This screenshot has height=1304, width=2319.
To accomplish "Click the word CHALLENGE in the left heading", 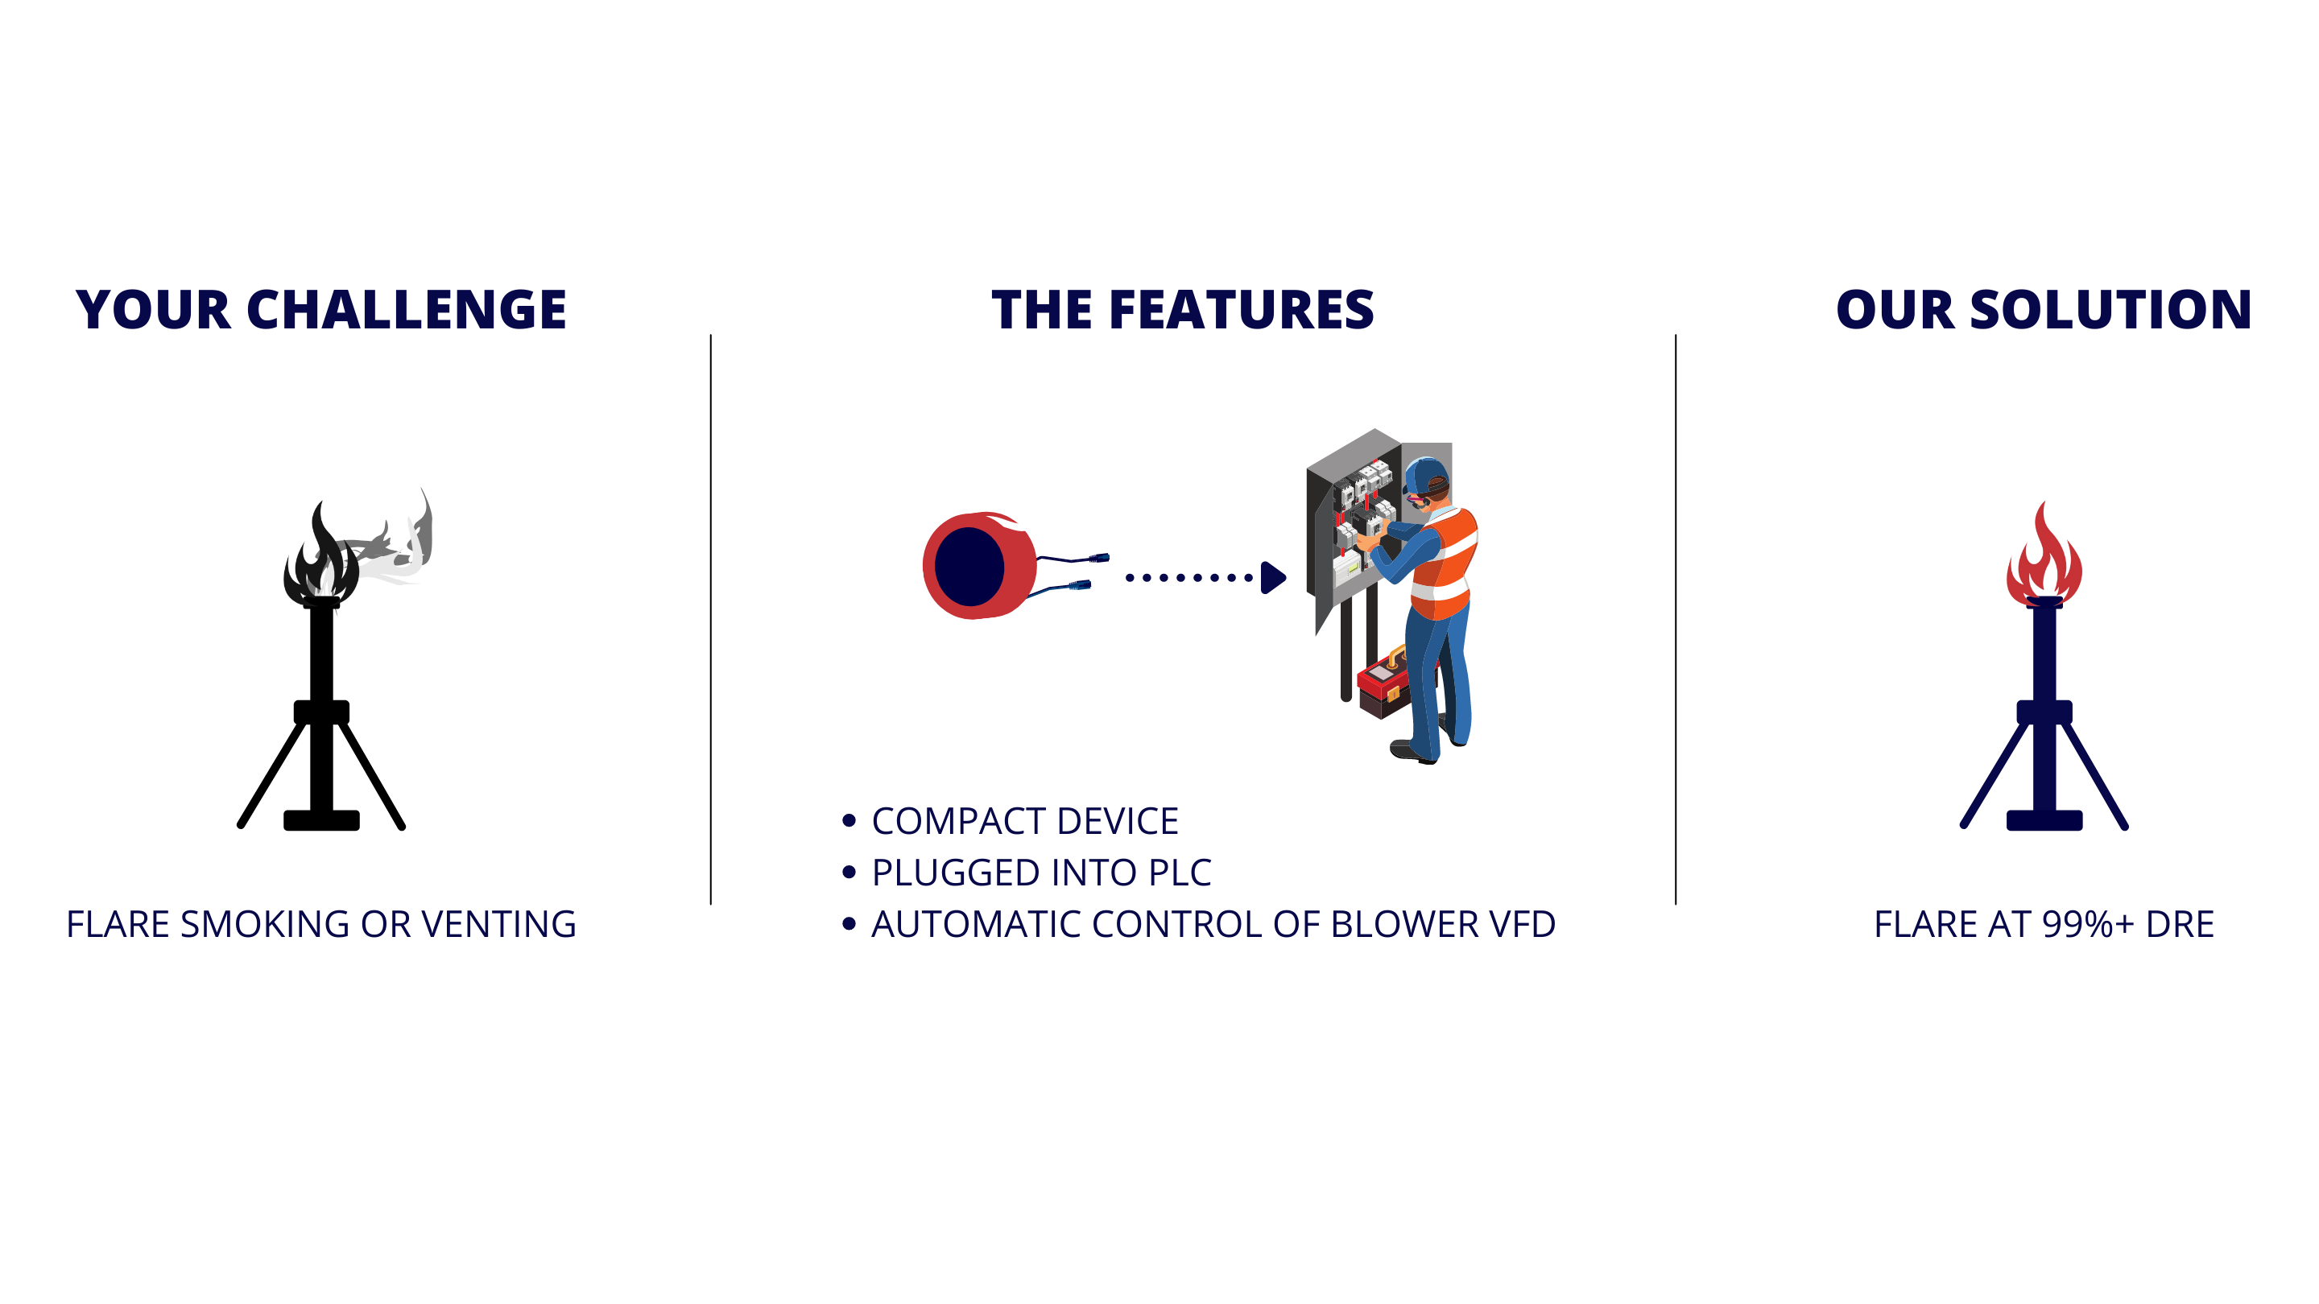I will tap(406, 310).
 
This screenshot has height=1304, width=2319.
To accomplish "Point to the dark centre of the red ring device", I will tap(969, 567).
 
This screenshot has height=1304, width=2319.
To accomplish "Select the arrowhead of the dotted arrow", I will tap(1273, 578).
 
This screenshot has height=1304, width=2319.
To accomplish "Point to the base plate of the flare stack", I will tap(2044, 820).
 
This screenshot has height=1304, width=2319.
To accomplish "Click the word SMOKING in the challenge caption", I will tap(265, 924).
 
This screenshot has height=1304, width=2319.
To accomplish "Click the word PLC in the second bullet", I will tap(1180, 873).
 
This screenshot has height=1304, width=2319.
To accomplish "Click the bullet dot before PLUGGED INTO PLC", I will tap(848, 872).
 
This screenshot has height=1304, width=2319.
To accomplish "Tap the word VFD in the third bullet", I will tap(1523, 924).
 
